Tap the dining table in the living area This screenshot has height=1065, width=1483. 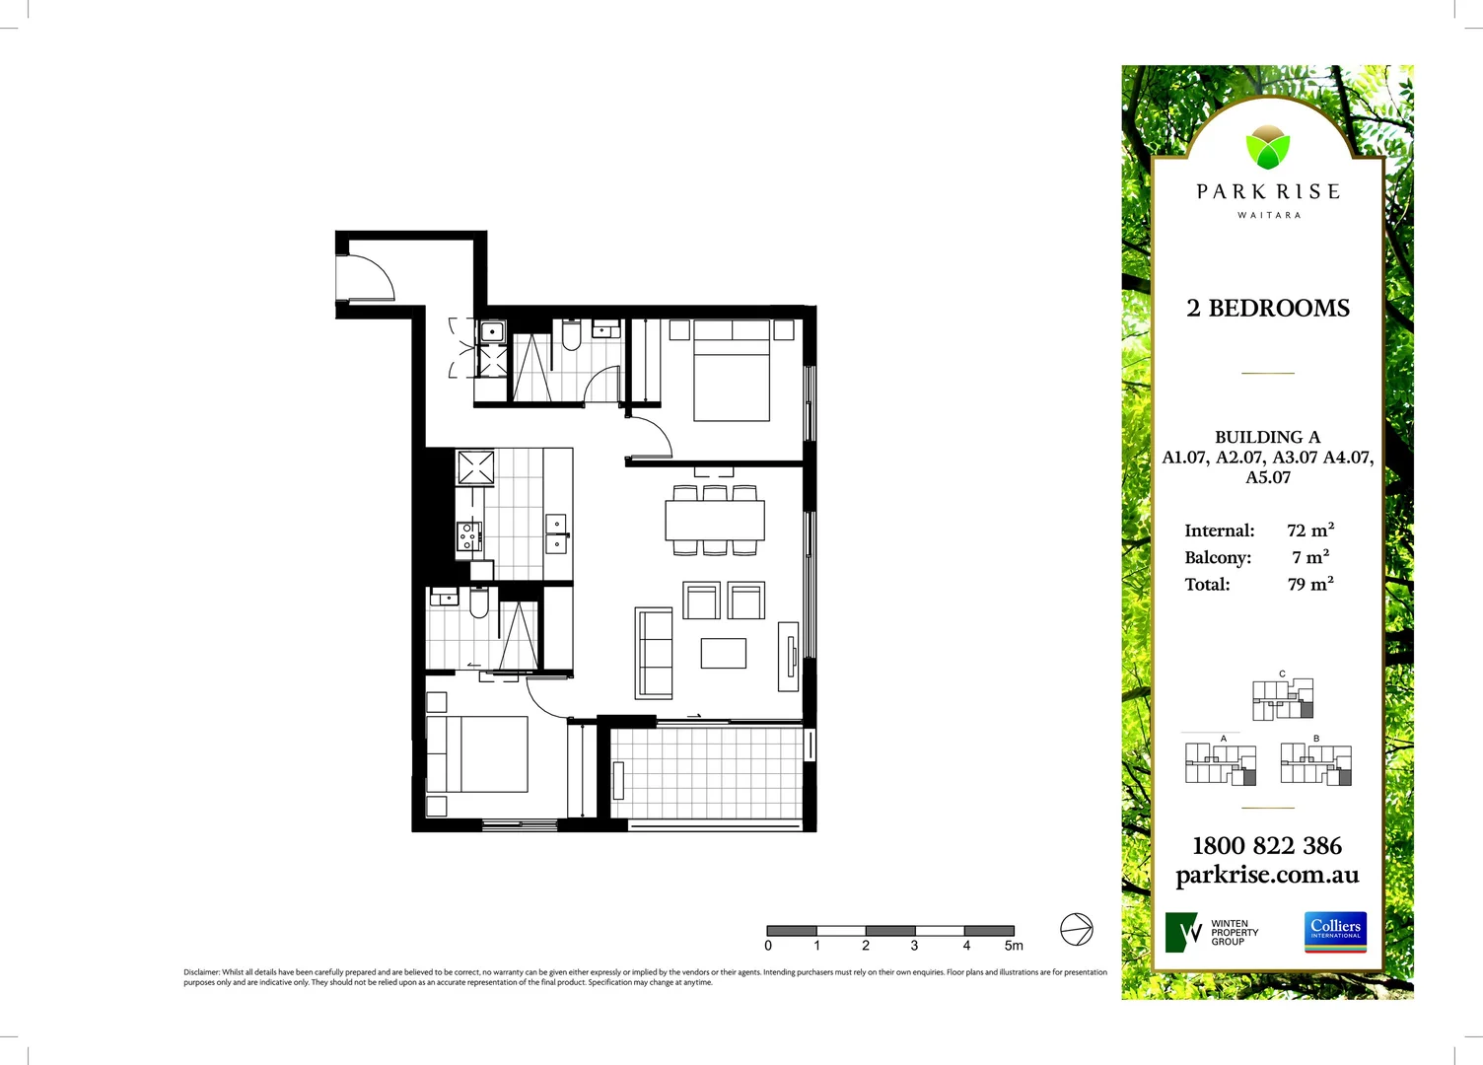pos(715,520)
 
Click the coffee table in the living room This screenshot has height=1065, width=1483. pos(723,653)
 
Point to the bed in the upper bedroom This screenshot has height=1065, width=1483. pos(732,372)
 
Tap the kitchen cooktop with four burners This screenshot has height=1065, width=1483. pos(468,535)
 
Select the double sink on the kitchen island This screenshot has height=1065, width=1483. pos(557,532)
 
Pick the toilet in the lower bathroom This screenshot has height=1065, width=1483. pos(479,603)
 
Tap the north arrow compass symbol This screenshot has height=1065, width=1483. pos(1076,929)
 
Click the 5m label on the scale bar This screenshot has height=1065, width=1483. pos(1014,946)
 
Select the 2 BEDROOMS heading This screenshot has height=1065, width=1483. pos(1268,309)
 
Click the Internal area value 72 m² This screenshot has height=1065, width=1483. pos(1310,531)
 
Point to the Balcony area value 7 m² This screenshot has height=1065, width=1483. pos(1310,557)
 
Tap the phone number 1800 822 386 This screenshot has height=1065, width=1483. pos(1267,846)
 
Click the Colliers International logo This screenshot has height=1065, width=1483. pos(1336,932)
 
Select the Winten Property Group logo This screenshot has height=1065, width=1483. pos(1212,932)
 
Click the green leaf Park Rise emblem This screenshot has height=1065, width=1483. pos(1267,148)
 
